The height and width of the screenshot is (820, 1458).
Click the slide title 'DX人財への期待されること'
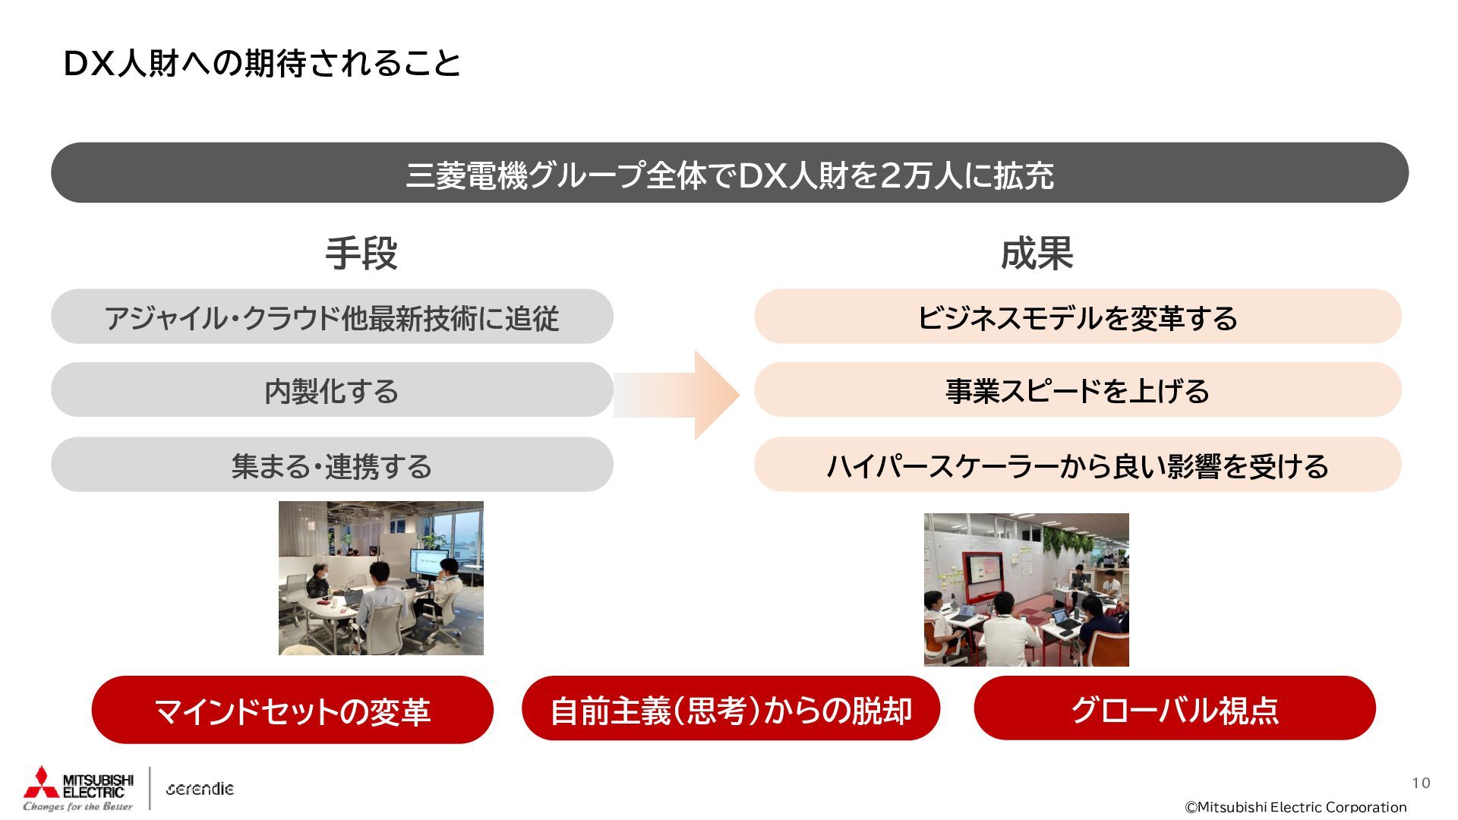[x=262, y=64]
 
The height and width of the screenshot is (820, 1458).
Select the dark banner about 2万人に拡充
[x=729, y=173]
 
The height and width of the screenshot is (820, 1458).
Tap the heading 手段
[x=361, y=254]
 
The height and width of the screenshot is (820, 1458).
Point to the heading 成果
[x=1037, y=254]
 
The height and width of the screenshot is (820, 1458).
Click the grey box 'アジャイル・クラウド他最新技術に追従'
[x=332, y=317]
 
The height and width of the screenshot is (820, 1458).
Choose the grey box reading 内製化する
[x=332, y=390]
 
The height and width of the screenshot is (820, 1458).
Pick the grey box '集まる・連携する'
[x=332, y=465]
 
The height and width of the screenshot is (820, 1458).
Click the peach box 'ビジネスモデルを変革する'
[x=1078, y=317]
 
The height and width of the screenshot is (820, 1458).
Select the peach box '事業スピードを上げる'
[x=1078, y=390]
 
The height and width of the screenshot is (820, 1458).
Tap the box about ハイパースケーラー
[x=1078, y=465]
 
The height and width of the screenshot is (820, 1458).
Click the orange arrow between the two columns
[x=683, y=395]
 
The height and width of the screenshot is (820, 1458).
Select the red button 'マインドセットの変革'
[x=292, y=710]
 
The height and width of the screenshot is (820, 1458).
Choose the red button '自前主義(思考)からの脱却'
[x=731, y=709]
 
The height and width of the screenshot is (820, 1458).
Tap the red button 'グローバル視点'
[x=1174, y=709]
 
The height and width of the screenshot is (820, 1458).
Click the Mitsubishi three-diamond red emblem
[x=41, y=784]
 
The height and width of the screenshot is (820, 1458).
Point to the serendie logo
[x=200, y=789]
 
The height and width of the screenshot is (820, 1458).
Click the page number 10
[x=1421, y=783]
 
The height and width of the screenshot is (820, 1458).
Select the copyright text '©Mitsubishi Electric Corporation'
[x=1295, y=807]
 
